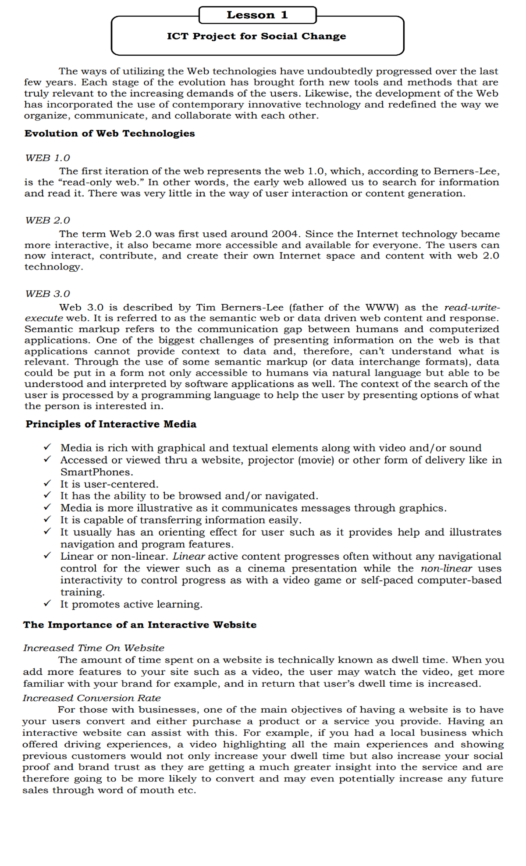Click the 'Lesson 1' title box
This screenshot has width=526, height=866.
(x=257, y=15)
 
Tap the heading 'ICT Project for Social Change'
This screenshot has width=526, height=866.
(x=256, y=36)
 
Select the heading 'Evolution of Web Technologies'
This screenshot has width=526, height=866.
(x=110, y=133)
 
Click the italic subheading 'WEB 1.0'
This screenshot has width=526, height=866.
(x=47, y=158)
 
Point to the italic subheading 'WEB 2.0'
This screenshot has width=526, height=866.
(x=47, y=220)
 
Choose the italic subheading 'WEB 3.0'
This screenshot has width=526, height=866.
(x=47, y=294)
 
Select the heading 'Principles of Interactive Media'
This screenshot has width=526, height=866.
(x=111, y=424)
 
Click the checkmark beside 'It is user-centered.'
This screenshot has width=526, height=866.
(x=47, y=483)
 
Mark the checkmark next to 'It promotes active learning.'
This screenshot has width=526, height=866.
(x=47, y=603)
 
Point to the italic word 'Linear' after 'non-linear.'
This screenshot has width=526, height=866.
(x=188, y=556)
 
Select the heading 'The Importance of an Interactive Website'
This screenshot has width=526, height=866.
(x=140, y=625)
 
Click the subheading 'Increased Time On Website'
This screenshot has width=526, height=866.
(x=94, y=648)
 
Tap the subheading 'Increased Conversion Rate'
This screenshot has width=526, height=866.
(x=92, y=698)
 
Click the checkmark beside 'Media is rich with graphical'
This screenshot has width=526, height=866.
(x=47, y=447)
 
